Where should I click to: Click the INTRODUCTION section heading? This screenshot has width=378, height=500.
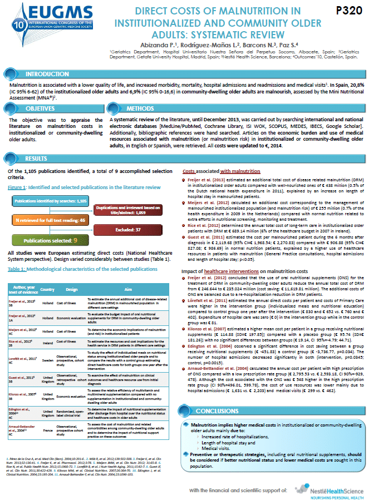coord(47,73)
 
